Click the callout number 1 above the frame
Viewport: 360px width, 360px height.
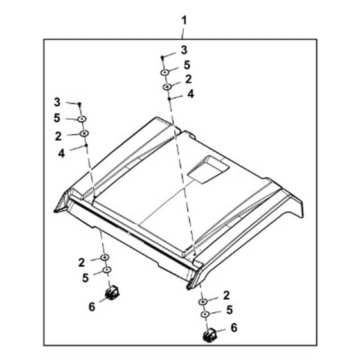184,21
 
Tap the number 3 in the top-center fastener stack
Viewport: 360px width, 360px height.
184,50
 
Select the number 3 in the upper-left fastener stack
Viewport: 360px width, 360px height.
57,102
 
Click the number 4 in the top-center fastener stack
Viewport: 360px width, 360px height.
190,94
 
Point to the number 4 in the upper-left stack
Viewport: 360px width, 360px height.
61,153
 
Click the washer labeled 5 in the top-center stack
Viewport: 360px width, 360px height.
165,72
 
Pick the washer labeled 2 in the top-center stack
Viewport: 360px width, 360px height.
167,87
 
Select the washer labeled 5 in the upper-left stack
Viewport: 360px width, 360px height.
82,119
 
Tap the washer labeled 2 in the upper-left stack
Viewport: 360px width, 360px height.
84,133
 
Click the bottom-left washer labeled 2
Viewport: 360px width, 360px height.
105,257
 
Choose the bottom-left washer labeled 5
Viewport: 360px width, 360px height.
107,270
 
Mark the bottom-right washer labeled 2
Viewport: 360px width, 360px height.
203,302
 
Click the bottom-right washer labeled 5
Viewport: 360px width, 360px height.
205,314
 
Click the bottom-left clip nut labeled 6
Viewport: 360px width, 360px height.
113,292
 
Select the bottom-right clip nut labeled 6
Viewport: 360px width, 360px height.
210,335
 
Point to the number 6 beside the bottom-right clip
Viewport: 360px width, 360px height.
234,328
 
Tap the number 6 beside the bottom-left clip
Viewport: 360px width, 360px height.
92,307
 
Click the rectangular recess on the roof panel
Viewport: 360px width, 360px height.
208,169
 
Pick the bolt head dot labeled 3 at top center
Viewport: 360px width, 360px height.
162,57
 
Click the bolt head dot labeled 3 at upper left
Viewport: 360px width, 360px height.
80,104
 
